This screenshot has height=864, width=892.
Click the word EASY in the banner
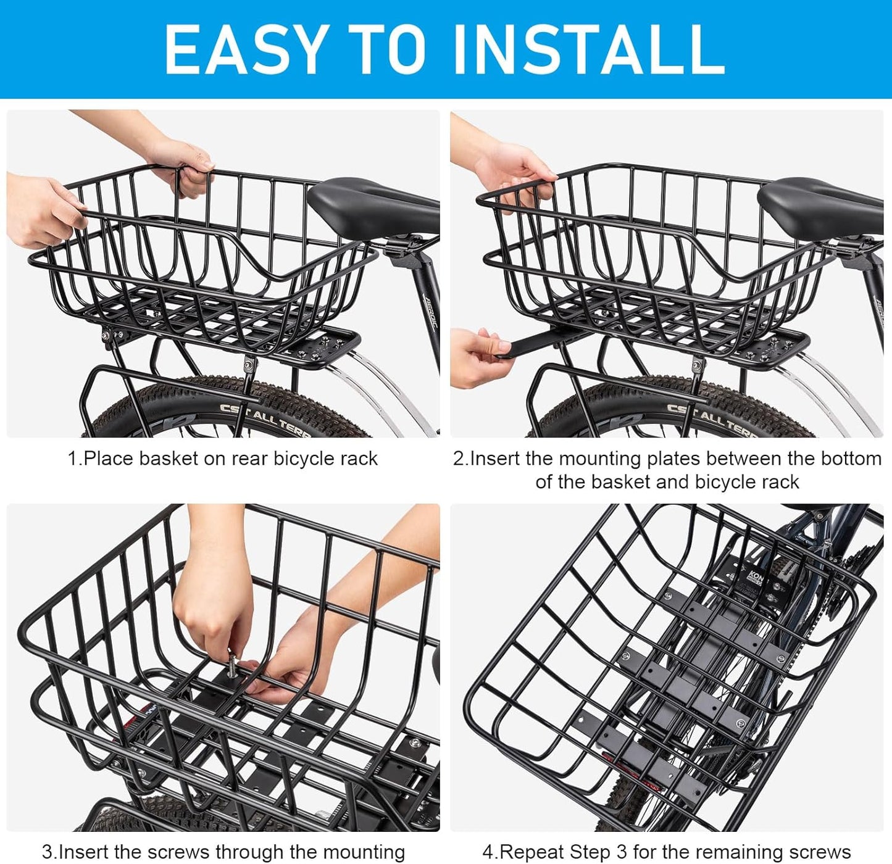(244, 49)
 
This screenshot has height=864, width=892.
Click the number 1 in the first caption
(73, 459)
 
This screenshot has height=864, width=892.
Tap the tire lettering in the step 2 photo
(710, 417)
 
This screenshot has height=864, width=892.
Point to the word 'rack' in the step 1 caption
(357, 459)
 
